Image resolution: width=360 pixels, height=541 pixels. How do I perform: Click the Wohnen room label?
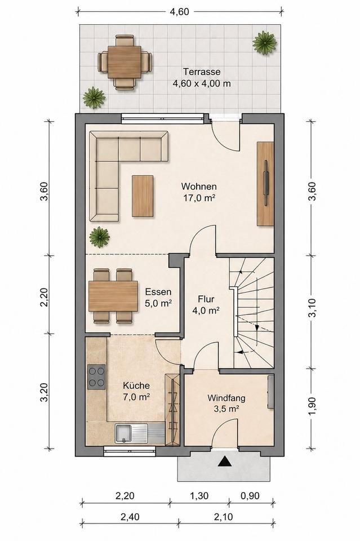click(x=199, y=187)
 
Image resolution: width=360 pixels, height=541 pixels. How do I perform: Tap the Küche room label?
click(x=136, y=385)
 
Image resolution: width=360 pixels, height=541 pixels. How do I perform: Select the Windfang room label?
click(x=226, y=398)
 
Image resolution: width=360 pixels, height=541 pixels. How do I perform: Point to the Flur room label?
click(x=206, y=299)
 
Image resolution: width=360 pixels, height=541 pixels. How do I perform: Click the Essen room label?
click(x=158, y=292)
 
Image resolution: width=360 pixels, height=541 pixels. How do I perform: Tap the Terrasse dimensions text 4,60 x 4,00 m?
click(x=202, y=83)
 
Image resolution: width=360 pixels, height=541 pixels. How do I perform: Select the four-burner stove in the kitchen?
click(x=96, y=377)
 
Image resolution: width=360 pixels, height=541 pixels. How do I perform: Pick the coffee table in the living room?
click(x=143, y=196)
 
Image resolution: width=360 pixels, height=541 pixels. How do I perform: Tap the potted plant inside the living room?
click(x=99, y=237)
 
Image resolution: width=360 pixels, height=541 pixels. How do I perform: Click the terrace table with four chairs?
click(x=124, y=63)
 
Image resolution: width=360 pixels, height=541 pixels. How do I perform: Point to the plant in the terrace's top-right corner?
click(x=264, y=42)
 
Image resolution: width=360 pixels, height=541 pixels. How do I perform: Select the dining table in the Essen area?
click(x=113, y=296)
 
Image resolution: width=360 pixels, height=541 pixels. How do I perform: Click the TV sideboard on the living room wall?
click(x=265, y=184)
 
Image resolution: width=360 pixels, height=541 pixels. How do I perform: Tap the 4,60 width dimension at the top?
click(x=180, y=12)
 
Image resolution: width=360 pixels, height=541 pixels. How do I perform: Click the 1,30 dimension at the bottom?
click(x=199, y=496)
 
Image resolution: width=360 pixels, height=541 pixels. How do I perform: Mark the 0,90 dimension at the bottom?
click(x=250, y=496)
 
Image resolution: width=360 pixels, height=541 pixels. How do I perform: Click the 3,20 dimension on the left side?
click(x=44, y=392)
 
